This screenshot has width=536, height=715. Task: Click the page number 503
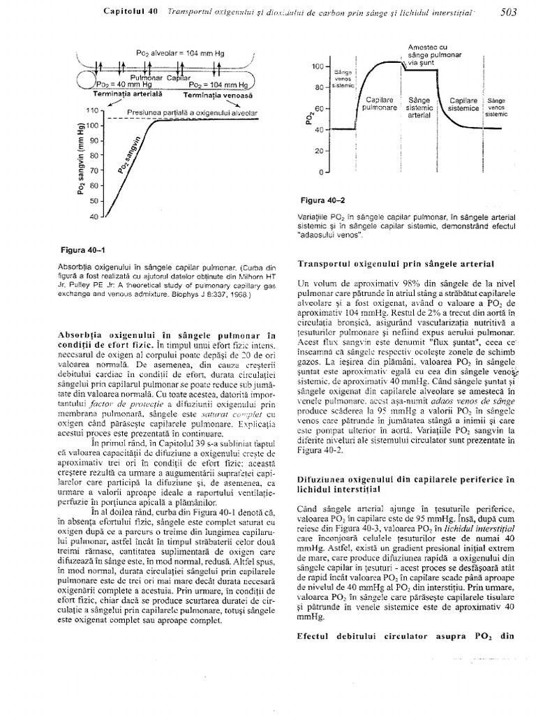click(513, 11)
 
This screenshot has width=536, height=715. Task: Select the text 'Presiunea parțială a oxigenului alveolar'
click(191, 112)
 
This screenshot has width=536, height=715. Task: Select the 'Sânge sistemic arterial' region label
click(419, 108)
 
